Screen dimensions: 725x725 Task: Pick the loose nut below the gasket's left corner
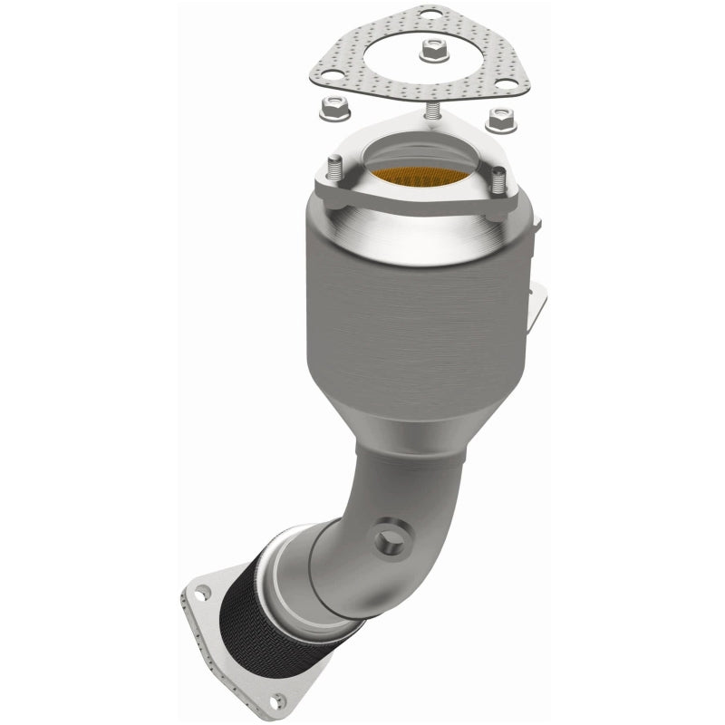[330, 111]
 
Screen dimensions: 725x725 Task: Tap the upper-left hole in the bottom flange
[204, 594]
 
